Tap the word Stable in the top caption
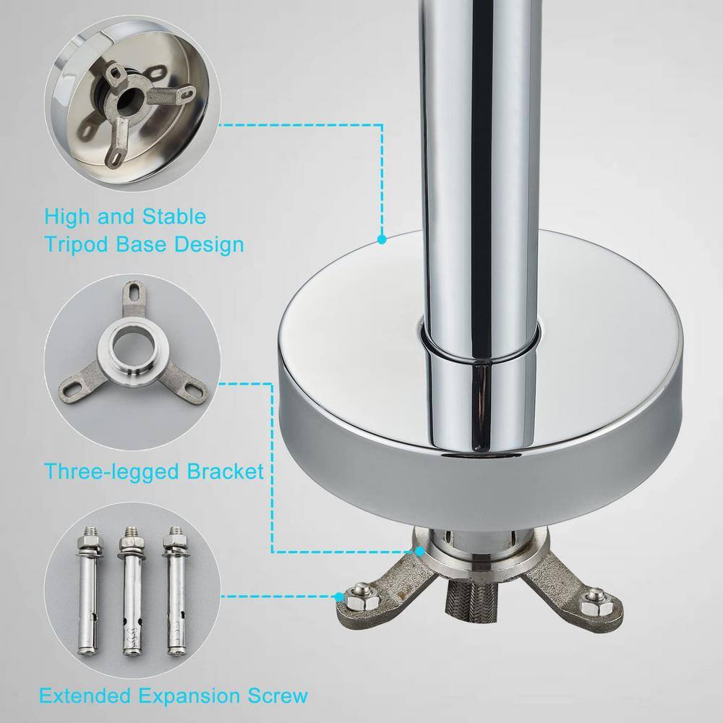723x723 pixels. tap(174, 216)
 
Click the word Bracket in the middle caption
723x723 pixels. tap(225, 471)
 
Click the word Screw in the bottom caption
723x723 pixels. tap(278, 695)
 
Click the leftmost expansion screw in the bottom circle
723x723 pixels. tap(87, 590)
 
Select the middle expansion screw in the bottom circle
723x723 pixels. tap(132, 591)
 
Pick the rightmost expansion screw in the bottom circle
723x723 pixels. tap(175, 590)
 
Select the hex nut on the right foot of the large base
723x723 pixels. tap(594, 604)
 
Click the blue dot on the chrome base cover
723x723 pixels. tap(382, 240)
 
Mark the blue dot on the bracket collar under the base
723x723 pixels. tap(419, 551)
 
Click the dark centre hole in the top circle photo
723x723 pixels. tap(127, 101)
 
